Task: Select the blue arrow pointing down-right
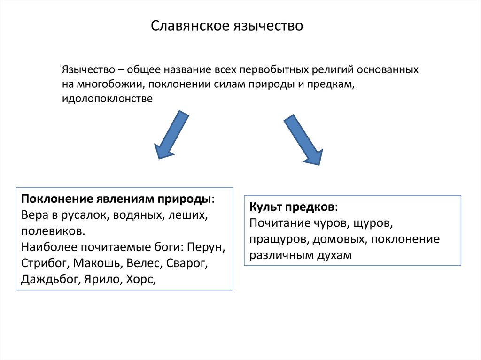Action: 303,140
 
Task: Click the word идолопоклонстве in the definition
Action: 107,100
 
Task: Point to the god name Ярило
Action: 105,280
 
